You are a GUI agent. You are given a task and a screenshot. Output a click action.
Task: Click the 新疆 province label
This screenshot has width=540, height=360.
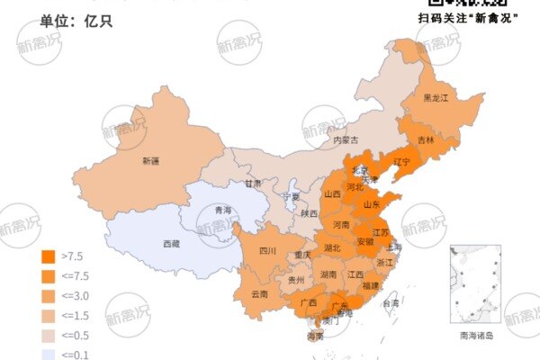(x=150, y=161)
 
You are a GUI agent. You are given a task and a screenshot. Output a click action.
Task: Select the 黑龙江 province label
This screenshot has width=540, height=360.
(x=436, y=97)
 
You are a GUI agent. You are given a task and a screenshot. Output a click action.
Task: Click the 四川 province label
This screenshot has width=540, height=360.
(x=267, y=251)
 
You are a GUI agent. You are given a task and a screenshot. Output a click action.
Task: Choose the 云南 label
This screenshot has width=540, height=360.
(x=259, y=293)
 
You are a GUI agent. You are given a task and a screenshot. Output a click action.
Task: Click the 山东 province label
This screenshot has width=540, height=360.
(x=370, y=204)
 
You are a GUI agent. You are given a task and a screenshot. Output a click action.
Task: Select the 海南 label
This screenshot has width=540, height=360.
(x=314, y=337)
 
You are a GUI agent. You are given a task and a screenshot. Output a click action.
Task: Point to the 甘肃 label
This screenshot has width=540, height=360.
(x=253, y=183)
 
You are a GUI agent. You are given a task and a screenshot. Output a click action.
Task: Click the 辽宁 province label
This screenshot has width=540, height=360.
(x=401, y=162)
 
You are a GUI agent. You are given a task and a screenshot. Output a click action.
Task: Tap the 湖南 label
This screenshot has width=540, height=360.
(x=328, y=274)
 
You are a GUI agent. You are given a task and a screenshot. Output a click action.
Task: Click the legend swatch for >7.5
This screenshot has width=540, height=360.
(x=49, y=256)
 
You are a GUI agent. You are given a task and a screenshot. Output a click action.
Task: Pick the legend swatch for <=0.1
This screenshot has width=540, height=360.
(x=49, y=355)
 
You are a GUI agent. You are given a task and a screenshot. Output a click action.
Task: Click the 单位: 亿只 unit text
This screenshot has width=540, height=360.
(x=76, y=20)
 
